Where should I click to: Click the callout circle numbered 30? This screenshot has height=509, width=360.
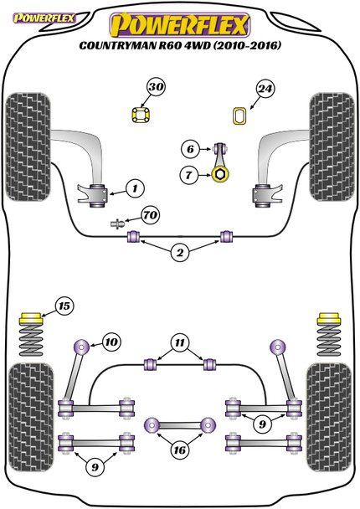156,87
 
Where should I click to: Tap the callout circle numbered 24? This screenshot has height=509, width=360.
265,89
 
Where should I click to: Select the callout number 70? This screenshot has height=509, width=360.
151,215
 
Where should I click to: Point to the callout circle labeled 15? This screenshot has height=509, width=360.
64,306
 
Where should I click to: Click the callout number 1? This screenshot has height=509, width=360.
135,188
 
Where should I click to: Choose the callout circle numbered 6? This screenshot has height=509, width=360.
190,149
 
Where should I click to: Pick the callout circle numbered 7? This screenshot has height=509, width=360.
189,175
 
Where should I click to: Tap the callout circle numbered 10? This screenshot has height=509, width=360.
111,342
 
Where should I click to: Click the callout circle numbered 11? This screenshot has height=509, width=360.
180,342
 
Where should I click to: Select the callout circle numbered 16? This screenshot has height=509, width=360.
179,450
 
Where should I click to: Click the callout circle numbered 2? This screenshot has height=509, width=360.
180,253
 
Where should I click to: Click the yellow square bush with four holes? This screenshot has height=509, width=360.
141,115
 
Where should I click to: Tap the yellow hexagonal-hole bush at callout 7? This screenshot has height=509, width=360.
220,174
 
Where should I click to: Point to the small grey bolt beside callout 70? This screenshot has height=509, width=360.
117,224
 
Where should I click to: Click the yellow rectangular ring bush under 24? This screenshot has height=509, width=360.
240,116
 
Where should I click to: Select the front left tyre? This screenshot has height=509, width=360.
28,147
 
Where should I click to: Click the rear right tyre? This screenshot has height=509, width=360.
330,418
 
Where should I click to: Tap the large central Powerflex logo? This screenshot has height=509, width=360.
180,25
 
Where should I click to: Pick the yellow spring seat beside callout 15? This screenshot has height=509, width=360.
31,318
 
